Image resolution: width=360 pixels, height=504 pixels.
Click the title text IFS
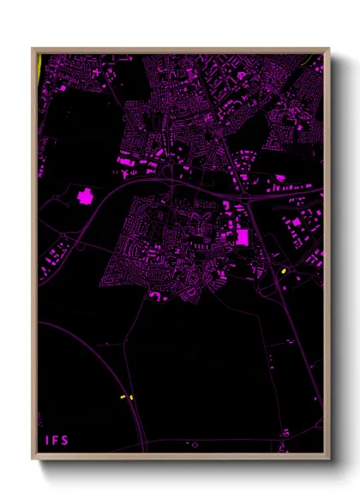[57, 441]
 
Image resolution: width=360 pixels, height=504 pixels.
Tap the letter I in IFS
[48, 441]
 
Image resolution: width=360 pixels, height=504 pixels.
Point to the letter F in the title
[56, 441]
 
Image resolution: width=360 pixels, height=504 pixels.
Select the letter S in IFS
[65, 441]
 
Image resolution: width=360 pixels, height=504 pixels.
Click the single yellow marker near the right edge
[283, 272]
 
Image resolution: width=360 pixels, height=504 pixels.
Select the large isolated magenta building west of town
[85, 196]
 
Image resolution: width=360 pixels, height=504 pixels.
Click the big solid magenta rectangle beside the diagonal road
[242, 236]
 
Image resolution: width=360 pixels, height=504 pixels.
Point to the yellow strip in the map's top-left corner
[39, 65]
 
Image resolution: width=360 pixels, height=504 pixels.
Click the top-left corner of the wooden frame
[33, 49]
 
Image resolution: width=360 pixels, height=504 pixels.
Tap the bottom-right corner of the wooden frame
[329, 458]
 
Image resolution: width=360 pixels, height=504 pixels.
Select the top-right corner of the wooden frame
[329, 49]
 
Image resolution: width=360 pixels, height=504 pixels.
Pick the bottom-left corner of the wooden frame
[33, 458]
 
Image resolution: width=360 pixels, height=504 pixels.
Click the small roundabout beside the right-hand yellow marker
[292, 276]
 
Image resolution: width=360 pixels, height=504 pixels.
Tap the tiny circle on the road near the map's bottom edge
[195, 444]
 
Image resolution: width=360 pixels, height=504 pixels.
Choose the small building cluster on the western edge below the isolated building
[57, 253]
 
